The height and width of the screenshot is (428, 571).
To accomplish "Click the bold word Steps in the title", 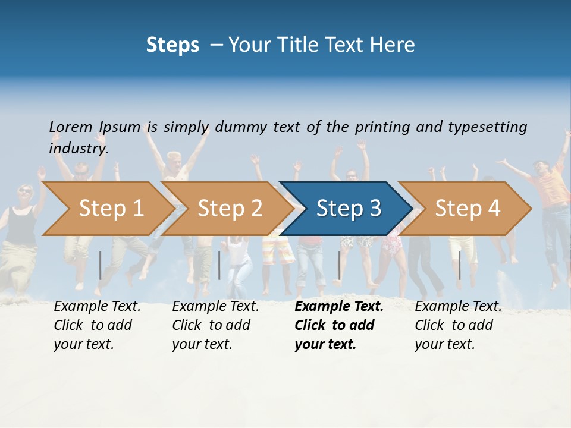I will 172,45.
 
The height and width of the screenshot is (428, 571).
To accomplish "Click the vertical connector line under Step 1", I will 101,265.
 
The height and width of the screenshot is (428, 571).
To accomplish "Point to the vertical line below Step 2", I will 219,265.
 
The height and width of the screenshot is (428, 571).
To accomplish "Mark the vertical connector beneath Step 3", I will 340,265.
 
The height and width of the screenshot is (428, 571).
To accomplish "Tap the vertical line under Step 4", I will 460,265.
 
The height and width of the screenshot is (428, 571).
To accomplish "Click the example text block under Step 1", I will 97,325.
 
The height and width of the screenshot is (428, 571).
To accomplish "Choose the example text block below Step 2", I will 215,325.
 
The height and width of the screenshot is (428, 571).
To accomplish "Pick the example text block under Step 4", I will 458,325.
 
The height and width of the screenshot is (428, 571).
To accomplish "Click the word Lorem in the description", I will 71,127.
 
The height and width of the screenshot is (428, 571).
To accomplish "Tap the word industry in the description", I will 79,149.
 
